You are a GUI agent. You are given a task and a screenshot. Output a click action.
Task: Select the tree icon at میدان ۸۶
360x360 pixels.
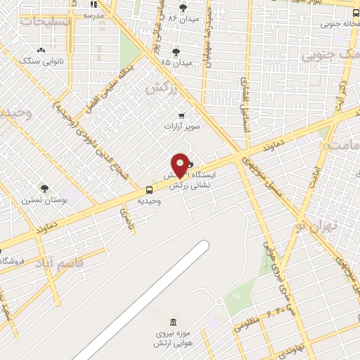[x=184, y=8]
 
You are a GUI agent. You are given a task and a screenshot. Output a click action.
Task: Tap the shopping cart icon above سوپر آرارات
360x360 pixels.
[x=182, y=115]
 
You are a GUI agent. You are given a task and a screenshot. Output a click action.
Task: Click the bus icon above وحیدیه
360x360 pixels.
[x=149, y=190]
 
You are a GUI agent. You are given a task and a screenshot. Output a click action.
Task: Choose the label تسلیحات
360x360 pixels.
[x=46, y=21]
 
